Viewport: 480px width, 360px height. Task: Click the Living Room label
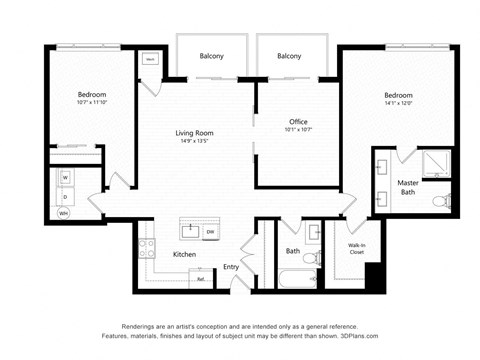[195, 133]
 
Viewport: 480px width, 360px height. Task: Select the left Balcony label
[211, 56]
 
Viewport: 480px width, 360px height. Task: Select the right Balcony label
[289, 56]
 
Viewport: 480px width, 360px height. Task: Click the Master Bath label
[407, 186]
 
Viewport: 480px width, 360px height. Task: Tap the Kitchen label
[184, 255]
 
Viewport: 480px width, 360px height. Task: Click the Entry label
[231, 266]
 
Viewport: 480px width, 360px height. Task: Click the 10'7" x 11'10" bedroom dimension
[91, 103]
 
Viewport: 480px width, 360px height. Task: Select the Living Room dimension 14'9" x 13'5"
[195, 142]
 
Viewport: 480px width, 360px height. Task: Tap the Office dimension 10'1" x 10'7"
[298, 130]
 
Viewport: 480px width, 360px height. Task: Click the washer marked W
[66, 178]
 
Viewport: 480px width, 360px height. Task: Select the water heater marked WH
[64, 213]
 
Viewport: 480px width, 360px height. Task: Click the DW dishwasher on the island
[210, 232]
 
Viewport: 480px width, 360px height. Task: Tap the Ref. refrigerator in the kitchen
[201, 279]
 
